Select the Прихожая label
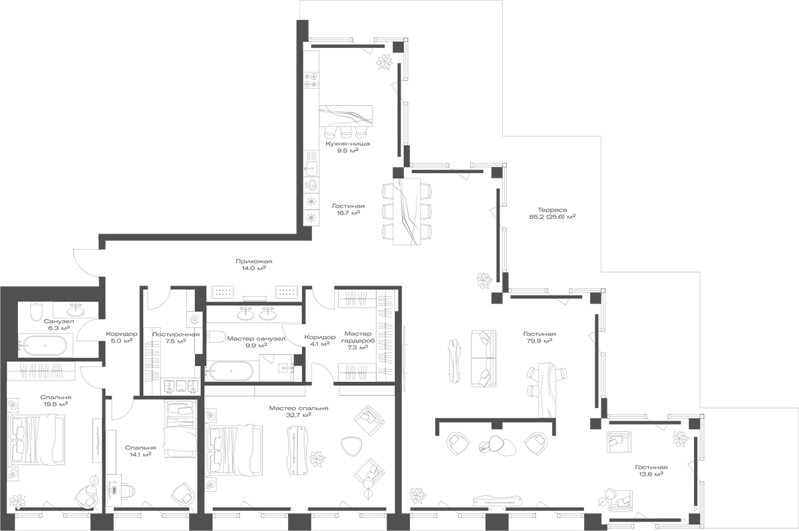coord(253,262)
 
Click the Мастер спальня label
coord(299,408)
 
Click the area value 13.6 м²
coord(649,474)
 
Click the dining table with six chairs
coord(407,210)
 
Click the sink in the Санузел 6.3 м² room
coord(75,309)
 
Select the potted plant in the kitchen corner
coord(384,63)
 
